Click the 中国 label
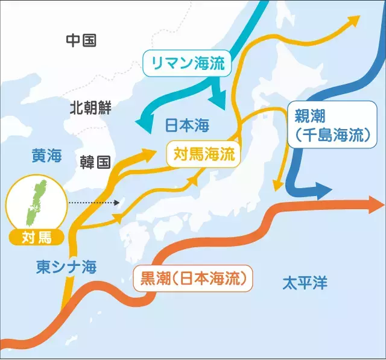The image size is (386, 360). point(81,40)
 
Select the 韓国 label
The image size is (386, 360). point(95,162)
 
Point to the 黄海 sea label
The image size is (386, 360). point(47,156)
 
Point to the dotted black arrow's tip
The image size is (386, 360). point(120,203)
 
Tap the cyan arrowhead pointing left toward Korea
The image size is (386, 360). point(145,124)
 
